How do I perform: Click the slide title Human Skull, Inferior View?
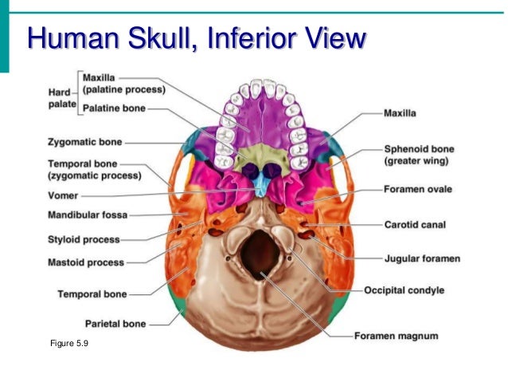(197, 38)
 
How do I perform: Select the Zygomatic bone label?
(85, 143)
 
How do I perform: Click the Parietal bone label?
(115, 324)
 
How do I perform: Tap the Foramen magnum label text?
(397, 336)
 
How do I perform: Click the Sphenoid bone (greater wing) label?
(420, 155)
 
